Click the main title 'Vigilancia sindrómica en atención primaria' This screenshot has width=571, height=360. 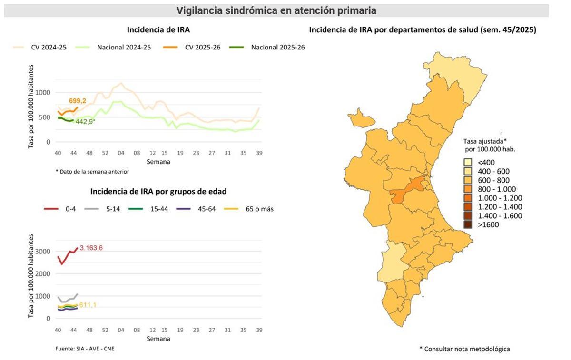click(x=276, y=10)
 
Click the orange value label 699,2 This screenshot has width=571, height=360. click(x=78, y=101)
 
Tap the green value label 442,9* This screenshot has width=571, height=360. click(x=85, y=122)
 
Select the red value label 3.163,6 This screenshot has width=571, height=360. click(x=91, y=248)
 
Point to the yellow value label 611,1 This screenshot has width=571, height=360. click(x=88, y=305)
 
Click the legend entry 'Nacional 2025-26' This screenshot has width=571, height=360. click(x=277, y=47)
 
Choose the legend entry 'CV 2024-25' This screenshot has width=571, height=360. click(x=49, y=47)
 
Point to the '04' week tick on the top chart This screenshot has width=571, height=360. click(x=121, y=153)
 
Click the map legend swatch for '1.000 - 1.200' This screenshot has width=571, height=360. click(x=468, y=198)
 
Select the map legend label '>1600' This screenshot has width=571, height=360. click(x=488, y=224)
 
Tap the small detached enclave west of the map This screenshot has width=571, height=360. click(x=360, y=118)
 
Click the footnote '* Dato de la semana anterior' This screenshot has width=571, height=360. click(x=92, y=172)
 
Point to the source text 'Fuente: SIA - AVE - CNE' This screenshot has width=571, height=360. click(x=85, y=349)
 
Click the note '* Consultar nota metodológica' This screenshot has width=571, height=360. click(x=464, y=349)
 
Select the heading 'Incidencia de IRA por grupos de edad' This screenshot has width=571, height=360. click(x=158, y=191)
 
